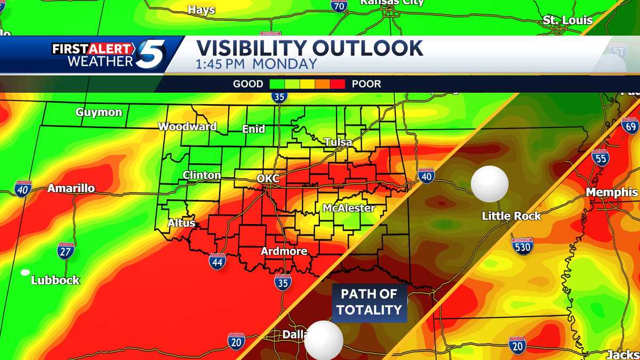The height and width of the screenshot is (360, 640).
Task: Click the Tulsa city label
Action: pyautogui.click(x=338, y=142)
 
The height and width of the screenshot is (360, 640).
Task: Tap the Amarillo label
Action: pyautogui.click(x=71, y=188)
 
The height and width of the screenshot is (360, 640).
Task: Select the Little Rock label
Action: pyautogui.click(x=511, y=216)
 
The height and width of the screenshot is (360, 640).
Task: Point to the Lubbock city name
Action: pyautogui.click(x=55, y=280)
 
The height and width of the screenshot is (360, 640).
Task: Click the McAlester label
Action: pyautogui.click(x=349, y=208)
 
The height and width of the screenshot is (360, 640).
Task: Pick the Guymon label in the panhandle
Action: pyautogui.click(x=99, y=113)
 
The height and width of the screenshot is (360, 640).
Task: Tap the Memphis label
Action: pyautogui.click(x=612, y=192)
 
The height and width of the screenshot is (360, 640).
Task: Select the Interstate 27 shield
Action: pyautogui.click(x=66, y=251)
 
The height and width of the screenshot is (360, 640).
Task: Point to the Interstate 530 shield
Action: pyautogui.click(x=522, y=246)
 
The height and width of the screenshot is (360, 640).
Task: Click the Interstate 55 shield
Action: pyautogui.click(x=601, y=158)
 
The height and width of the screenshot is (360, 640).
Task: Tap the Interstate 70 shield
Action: pyautogui.click(x=339, y=5)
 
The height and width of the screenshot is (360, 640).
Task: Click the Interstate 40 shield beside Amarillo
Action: pyautogui.click(x=23, y=189)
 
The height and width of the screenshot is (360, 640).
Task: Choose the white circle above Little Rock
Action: pyautogui.click(x=490, y=184)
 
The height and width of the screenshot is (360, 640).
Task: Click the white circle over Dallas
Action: pyautogui.click(x=323, y=340)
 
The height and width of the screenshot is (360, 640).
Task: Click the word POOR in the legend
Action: pyautogui.click(x=366, y=84)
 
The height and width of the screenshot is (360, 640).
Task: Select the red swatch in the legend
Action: pyautogui.click(x=338, y=84)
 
